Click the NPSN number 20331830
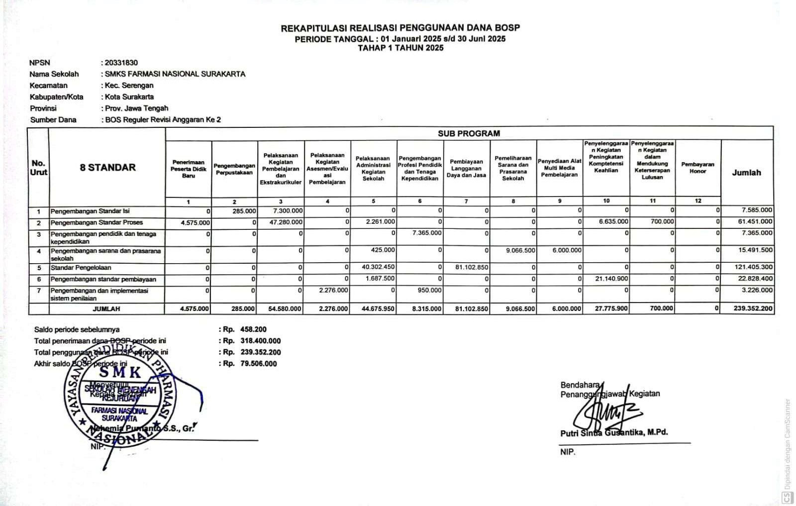[121, 63]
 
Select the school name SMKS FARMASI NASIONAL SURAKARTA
[175, 74]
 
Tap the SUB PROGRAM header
[469, 133]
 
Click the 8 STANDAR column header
[107, 168]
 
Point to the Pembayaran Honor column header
[697, 168]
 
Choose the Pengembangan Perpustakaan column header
[234, 169]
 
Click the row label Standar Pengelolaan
[81, 268]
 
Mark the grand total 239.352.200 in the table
[753, 308]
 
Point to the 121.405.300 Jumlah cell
[753, 267]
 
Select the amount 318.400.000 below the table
[260, 341]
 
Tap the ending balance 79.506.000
[258, 364]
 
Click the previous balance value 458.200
[253, 329]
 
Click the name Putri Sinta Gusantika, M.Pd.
[614, 432]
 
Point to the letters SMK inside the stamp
[120, 372]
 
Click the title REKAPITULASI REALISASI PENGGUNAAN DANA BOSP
[400, 28]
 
